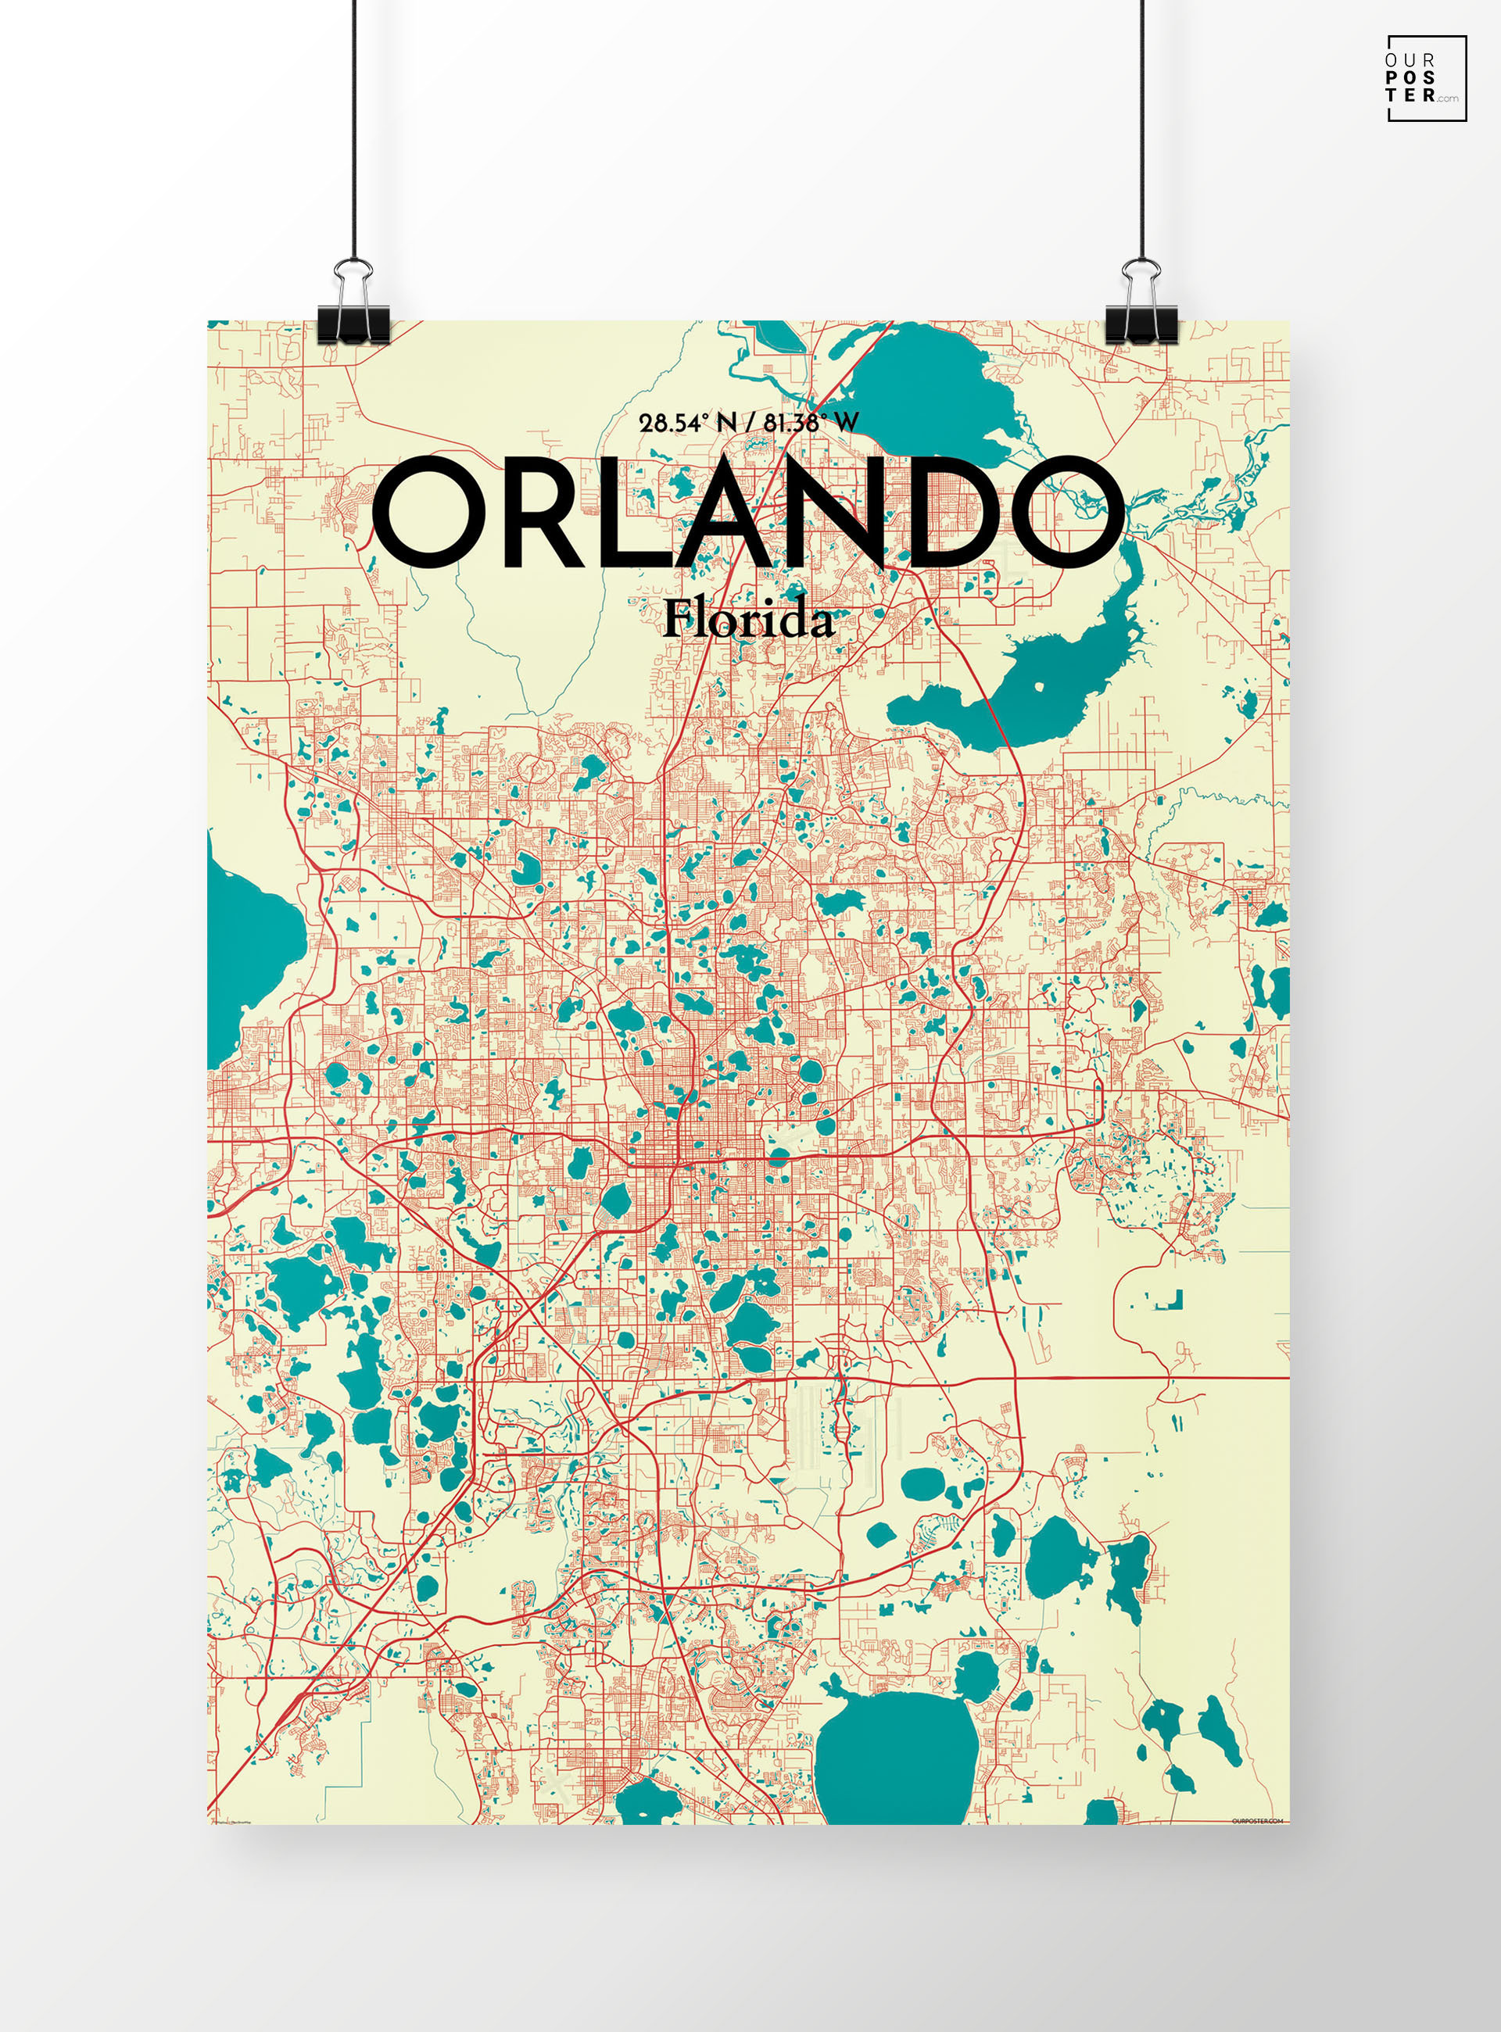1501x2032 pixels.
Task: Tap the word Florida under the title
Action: [x=748, y=621]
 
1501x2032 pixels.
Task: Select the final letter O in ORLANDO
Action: [x=1069, y=513]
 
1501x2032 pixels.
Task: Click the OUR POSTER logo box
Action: [x=1427, y=78]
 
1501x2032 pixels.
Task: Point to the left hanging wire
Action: [x=354, y=127]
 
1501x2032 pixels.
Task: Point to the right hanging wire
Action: [x=1142, y=127]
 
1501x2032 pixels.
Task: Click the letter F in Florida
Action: [x=677, y=620]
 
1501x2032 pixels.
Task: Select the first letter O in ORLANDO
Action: [x=427, y=513]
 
